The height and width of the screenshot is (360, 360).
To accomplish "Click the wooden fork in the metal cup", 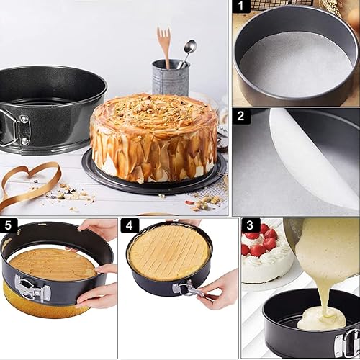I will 164,47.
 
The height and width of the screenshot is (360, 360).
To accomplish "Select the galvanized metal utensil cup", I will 171,78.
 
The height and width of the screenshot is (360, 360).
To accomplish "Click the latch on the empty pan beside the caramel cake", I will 16,129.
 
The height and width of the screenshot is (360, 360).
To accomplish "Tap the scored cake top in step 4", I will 169,252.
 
